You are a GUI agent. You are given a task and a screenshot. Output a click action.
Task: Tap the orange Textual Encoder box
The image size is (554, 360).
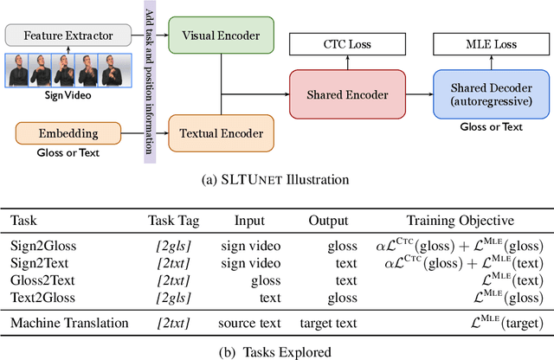coord(221,133)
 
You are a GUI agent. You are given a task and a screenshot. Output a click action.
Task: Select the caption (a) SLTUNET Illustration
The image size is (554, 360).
coord(275,180)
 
